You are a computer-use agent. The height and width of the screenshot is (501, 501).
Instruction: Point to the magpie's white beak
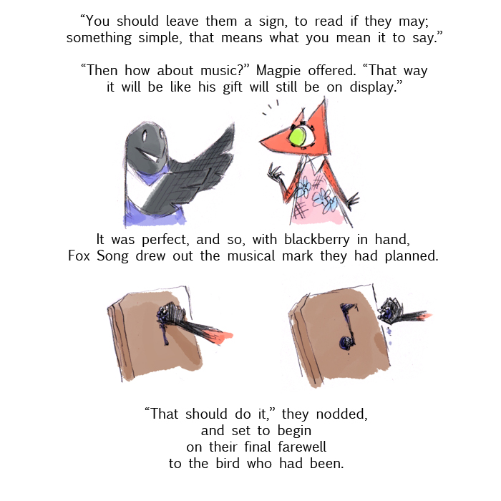click(152, 156)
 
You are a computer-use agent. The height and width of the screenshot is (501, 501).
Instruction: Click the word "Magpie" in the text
click(278, 71)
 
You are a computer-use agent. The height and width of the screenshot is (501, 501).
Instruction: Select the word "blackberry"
click(317, 240)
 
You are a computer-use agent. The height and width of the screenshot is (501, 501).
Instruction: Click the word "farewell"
click(302, 447)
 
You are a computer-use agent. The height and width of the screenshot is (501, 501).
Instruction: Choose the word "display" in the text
click(372, 87)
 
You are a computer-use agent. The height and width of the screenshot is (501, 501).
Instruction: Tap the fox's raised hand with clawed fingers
click(276, 173)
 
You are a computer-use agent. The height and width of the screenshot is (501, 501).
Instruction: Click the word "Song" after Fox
click(112, 256)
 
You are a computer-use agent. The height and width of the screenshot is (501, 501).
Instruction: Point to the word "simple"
click(160, 39)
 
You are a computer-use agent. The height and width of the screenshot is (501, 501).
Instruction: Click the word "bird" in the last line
click(228, 464)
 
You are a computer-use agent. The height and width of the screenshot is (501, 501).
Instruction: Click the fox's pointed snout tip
click(261, 140)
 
